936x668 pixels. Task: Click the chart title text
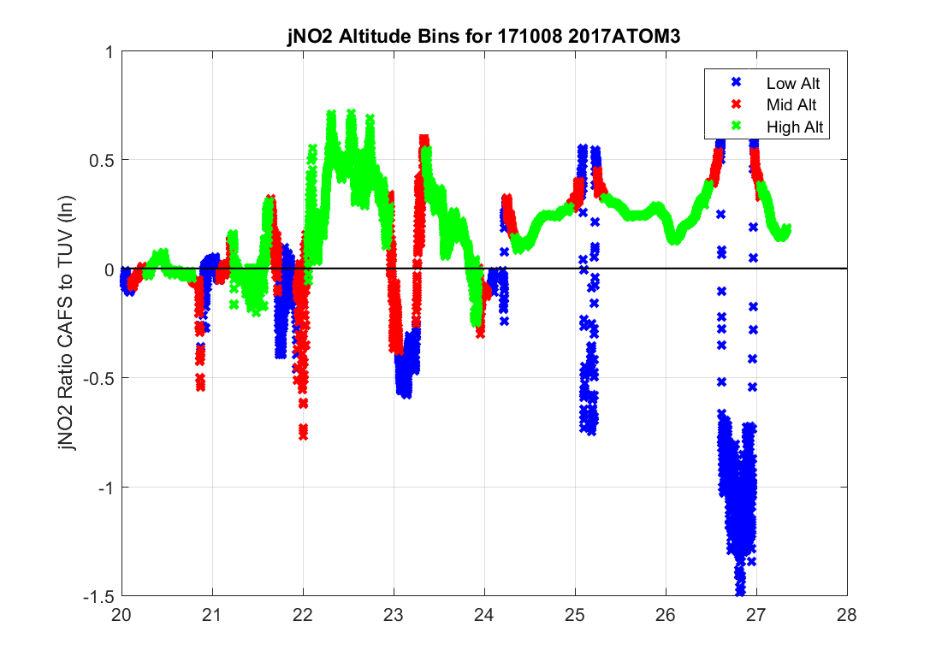tap(484, 38)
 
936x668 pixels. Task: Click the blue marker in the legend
tap(733, 83)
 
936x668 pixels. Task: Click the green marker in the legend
tap(733, 127)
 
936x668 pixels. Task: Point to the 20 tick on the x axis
tap(121, 614)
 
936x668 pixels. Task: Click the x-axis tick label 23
tap(394, 614)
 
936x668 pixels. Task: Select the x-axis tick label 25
tap(575, 614)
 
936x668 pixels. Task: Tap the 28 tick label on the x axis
tap(847, 614)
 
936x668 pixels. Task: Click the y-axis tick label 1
tap(108, 51)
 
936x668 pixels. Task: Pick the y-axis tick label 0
tap(108, 269)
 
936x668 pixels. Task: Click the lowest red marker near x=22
tap(303, 435)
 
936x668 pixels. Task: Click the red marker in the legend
tap(733, 105)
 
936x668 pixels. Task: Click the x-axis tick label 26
tap(666, 614)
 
